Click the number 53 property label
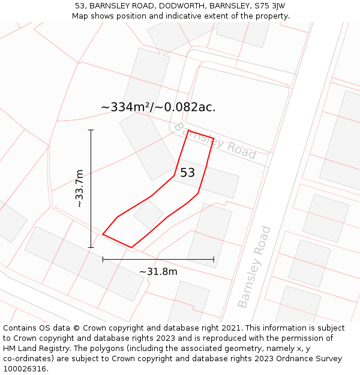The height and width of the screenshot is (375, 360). [187, 173]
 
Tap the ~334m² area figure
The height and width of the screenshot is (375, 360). [124, 107]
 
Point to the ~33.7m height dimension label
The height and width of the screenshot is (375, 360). [79, 188]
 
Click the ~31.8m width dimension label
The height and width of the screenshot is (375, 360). [158, 272]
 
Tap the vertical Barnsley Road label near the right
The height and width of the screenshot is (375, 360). [254, 266]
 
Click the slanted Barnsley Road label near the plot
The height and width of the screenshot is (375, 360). [214, 141]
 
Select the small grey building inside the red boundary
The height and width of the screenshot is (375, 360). [149, 214]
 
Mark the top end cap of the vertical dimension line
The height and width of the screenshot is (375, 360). [91, 130]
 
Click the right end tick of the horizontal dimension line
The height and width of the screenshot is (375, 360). [214, 259]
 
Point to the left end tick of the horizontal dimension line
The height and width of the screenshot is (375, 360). [103, 259]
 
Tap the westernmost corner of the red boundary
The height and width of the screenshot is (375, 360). [103, 235]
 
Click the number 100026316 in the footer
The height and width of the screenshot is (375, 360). [25, 368]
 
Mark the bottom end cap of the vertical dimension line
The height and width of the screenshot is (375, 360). [91, 247]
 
